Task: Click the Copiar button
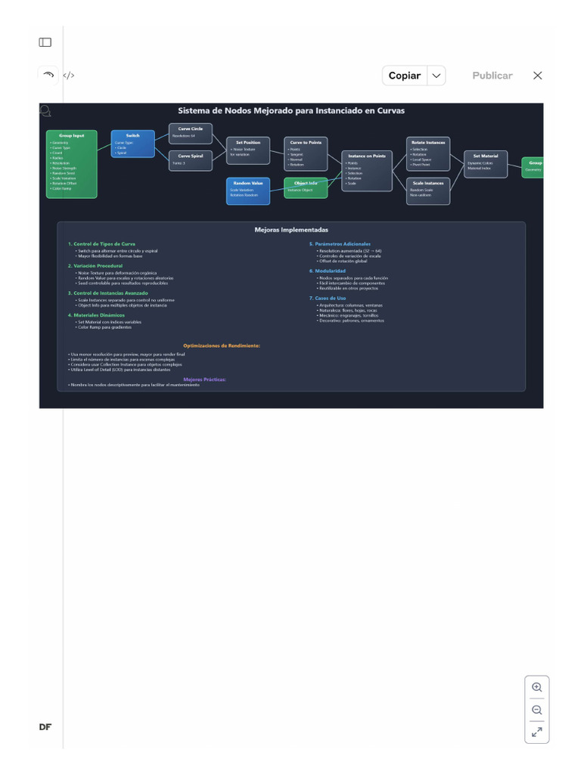pyautogui.click(x=405, y=76)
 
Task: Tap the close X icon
pyautogui.click(x=537, y=76)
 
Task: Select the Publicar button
pyautogui.click(x=492, y=76)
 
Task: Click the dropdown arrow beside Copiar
pyautogui.click(x=437, y=76)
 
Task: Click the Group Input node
pyautogui.click(x=72, y=164)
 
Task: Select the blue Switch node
pyautogui.click(x=132, y=144)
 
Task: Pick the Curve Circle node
pyautogui.click(x=191, y=133)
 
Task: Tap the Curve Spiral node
pyautogui.click(x=191, y=160)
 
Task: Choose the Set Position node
pyautogui.click(x=248, y=150)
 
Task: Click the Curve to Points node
pyautogui.click(x=306, y=153)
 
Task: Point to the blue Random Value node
pyautogui.click(x=247, y=190)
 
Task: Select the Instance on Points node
pyautogui.click(x=366, y=171)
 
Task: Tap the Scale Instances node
pyautogui.click(x=428, y=190)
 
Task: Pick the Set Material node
pyautogui.click(x=486, y=164)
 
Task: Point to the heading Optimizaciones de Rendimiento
pyautogui.click(x=222, y=345)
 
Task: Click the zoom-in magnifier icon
pyautogui.click(x=537, y=687)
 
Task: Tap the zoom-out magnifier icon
pyautogui.click(x=537, y=710)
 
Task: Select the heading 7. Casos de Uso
pyautogui.click(x=328, y=298)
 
